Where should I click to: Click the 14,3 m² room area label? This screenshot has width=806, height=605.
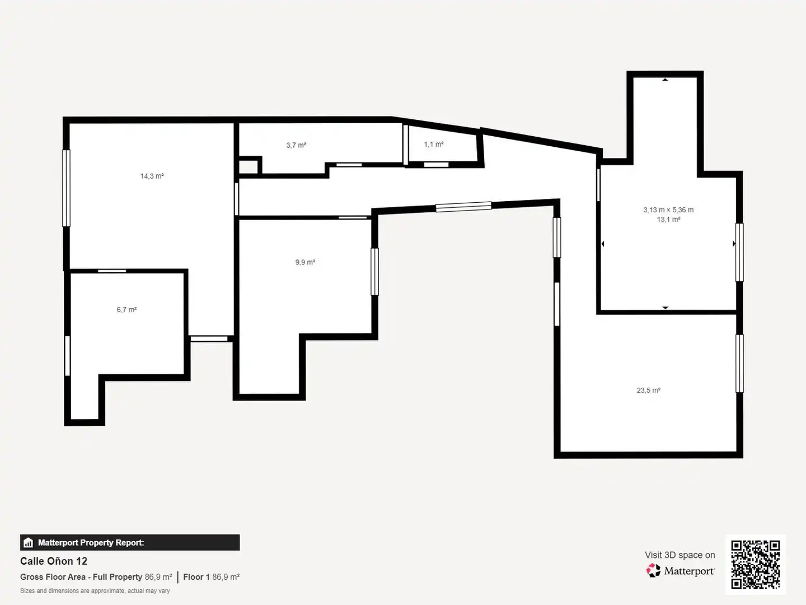[x=152, y=176]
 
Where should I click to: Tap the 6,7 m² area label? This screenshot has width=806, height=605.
[x=126, y=310]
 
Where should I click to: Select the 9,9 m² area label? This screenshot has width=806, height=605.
[x=305, y=262]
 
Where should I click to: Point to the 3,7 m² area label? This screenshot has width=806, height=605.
[x=296, y=145]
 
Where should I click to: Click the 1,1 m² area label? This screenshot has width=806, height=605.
[x=434, y=145]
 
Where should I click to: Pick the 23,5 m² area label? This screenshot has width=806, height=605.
[x=649, y=390]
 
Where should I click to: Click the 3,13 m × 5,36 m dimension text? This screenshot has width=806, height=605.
[x=668, y=210]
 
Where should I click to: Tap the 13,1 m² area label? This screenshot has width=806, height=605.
[x=668, y=219]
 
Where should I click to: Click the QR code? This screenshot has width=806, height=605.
[x=755, y=564]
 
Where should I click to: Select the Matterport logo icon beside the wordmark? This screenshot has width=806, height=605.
[x=653, y=570]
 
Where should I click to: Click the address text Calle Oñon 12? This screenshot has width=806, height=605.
[x=54, y=561]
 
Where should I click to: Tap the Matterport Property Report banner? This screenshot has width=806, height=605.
[x=130, y=543]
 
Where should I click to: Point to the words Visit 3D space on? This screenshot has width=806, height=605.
[x=680, y=555]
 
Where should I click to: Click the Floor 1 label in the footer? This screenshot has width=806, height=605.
[x=196, y=577]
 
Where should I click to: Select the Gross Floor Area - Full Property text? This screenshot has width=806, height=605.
[x=81, y=577]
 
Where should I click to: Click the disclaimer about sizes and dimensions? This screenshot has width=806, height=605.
[x=95, y=591]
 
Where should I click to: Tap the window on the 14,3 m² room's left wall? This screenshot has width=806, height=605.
[x=66, y=188]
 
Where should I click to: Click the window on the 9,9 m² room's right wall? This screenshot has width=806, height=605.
[x=374, y=272]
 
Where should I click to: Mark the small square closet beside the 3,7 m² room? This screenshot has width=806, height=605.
[x=249, y=166]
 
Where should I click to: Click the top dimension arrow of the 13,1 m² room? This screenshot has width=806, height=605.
[x=665, y=80]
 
